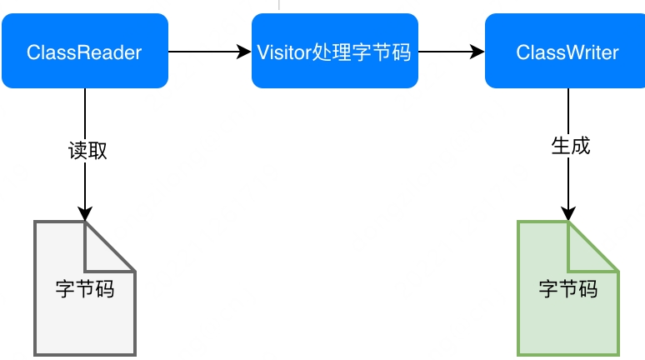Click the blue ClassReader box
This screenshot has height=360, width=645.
pos(84,52)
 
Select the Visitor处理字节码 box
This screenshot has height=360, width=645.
pos(334,52)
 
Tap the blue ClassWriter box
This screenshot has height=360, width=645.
pos(567,52)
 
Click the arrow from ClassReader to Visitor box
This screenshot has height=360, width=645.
pos(208,52)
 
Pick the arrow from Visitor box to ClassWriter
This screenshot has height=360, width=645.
pos(450,52)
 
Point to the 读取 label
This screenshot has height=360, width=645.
pos(87,151)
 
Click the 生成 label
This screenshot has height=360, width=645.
pos(570,146)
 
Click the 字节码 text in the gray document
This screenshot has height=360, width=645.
pos(84,289)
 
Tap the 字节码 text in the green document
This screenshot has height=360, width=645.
pos(567,289)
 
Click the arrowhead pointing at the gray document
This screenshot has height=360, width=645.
pos(84,213)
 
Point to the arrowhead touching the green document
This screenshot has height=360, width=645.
pos(567,213)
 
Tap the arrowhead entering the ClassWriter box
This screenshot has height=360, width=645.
pos(477,52)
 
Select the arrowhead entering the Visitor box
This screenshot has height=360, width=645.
pos(244,52)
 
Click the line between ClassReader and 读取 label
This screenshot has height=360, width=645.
pos(84,112)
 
